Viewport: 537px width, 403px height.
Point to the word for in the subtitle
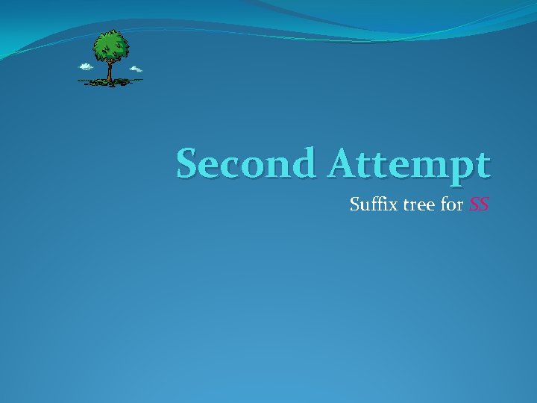(452, 203)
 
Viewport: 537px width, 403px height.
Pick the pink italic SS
(479, 203)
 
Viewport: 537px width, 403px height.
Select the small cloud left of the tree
(86, 66)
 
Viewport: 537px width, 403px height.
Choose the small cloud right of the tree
(136, 69)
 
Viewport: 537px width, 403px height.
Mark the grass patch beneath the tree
(110, 81)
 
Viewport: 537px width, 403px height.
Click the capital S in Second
(187, 163)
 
